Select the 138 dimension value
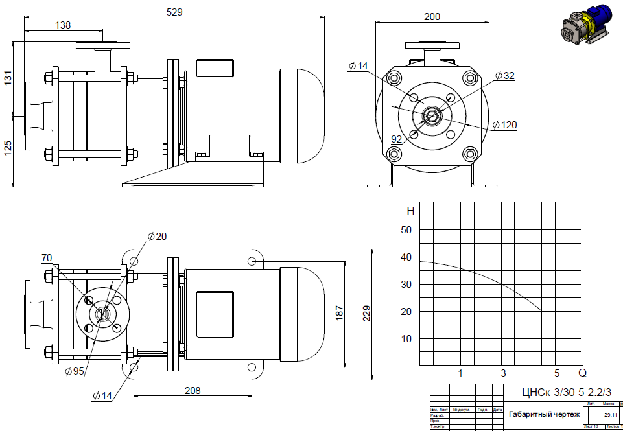pyautogui.click(x=63, y=25)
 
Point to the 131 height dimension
pyautogui.click(x=8, y=79)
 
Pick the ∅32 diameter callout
pyautogui.click(x=505, y=76)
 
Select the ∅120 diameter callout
pyautogui.click(x=505, y=125)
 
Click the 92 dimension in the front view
pyautogui.click(x=397, y=139)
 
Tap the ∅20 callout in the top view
pyautogui.click(x=158, y=237)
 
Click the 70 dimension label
pyautogui.click(x=47, y=258)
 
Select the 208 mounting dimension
pyautogui.click(x=193, y=390)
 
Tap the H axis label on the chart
pyautogui.click(x=410, y=211)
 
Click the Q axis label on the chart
pyautogui.click(x=582, y=373)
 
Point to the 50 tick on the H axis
pyautogui.click(x=406, y=230)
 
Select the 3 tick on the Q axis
pyautogui.click(x=504, y=373)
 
